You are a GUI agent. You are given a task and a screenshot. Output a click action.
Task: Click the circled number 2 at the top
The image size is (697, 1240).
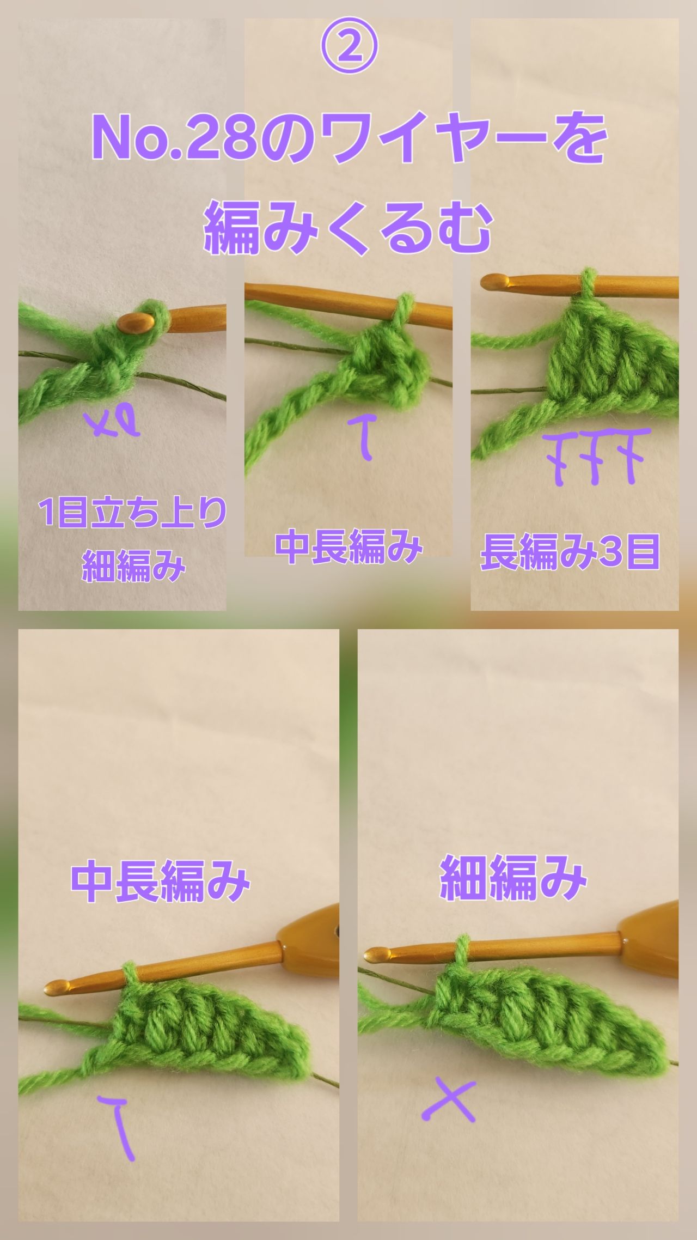[348, 47]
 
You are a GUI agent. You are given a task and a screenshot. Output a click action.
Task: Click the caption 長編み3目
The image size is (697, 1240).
[570, 552]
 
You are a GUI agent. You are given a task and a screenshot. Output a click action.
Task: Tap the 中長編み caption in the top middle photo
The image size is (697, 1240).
[348, 548]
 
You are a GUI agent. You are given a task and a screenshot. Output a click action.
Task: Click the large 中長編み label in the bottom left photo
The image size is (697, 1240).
[160, 881]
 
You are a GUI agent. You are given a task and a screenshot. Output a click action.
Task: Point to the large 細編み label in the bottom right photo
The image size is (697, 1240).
[513, 877]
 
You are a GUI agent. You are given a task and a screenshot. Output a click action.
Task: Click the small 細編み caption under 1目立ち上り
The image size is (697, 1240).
[133, 566]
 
